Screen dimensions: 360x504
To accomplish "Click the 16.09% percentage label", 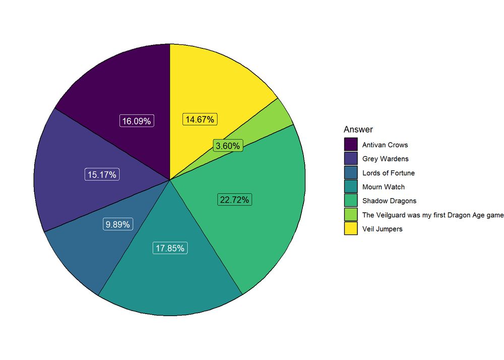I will pos(136,121).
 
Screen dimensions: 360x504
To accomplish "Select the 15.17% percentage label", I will pos(102,174).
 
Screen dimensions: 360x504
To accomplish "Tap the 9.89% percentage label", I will pos(117,224).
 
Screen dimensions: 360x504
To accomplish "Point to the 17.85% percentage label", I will pos(170,248).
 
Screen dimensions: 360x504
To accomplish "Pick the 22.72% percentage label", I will pos(234,200).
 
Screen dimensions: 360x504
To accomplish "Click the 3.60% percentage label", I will pos(228,146).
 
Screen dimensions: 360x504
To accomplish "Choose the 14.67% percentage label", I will pos(200,119).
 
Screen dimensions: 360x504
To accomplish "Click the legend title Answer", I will pos(358,130).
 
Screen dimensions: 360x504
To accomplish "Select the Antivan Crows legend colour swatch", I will pos(351,145).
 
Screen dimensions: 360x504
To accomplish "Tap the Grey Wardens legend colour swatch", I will pos(351,159).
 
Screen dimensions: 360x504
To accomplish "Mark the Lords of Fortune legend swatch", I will pos(351,173).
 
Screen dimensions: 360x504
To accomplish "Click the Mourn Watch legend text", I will pos(383,187).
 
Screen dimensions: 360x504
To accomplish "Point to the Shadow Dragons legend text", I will pos(389,201).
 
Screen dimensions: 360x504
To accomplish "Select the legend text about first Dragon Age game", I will pos(432,215).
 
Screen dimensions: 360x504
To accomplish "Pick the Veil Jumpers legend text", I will pos(382,229).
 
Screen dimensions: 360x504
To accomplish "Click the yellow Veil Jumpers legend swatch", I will pos(351,229).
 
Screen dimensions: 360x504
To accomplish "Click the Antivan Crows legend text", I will pos(385,145).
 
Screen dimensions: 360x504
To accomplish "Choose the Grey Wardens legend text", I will pos(385,159).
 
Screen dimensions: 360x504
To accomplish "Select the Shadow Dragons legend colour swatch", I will pos(351,201).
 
